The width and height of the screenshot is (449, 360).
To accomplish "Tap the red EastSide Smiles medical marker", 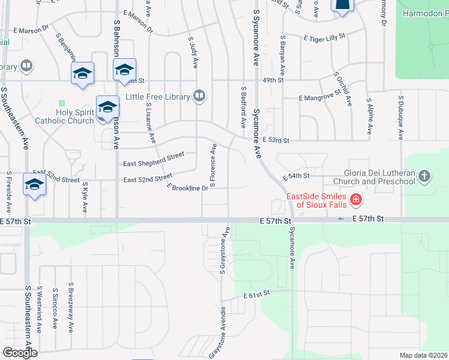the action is pyautogui.click(x=355, y=199).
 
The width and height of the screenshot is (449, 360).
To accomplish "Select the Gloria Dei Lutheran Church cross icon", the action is pyautogui.click(x=424, y=176).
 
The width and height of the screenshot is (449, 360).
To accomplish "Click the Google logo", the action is pyautogui.click(x=20, y=353).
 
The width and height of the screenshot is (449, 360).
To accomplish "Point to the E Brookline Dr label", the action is pyautogui.click(x=188, y=188).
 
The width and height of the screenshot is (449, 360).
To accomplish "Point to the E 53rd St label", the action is pyautogui.click(x=276, y=140).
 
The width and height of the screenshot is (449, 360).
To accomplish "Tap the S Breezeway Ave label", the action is pyautogui.click(x=71, y=307).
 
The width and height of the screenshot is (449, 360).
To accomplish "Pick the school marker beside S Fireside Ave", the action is pyautogui.click(x=34, y=185).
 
